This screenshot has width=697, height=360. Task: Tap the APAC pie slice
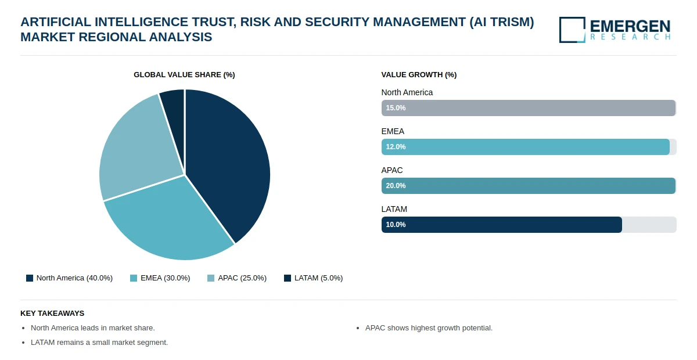137,149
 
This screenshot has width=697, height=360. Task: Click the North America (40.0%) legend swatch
30,278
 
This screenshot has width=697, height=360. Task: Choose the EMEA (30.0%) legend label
165,278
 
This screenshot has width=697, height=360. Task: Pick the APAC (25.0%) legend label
242,278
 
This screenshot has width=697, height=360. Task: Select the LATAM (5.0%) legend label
319,278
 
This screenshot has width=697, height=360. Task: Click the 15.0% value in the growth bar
396,108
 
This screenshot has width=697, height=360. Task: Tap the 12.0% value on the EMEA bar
396,147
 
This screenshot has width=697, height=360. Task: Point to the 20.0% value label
396,186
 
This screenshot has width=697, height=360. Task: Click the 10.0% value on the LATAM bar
396,225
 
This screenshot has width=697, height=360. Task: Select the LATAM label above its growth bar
394,209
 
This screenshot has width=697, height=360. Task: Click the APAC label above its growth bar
392,170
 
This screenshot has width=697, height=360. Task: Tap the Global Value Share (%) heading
184,75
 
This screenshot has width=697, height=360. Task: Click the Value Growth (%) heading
419,75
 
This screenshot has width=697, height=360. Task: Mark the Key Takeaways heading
52,314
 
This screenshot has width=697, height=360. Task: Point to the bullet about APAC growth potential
429,328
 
